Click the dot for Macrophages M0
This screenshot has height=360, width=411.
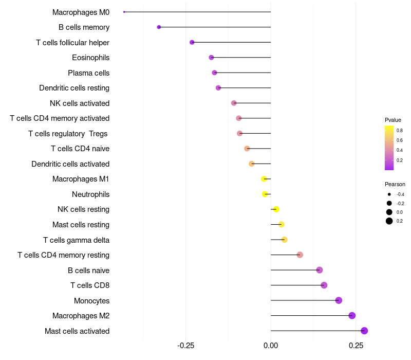click(124, 12)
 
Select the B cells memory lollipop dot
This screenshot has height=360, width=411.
click(159, 27)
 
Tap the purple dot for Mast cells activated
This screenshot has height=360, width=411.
click(364, 331)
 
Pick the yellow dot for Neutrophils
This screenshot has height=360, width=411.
click(265, 194)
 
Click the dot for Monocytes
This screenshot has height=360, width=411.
click(339, 300)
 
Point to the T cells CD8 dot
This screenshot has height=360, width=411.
click(324, 285)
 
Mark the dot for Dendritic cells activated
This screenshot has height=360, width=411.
click(252, 164)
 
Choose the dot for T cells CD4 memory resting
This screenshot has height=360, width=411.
click(300, 255)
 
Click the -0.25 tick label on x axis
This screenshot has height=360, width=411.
click(185, 346)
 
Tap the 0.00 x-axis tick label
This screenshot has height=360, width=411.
click(271, 346)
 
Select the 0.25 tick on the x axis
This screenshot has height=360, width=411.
click(356, 346)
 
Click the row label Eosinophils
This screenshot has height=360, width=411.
click(91, 58)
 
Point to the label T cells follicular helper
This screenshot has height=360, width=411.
click(72, 43)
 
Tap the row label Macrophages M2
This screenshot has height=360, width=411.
click(81, 316)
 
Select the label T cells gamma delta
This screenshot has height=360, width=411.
click(76, 240)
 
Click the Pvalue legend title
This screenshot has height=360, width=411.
click(393, 120)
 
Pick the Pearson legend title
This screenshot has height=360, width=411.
click(395, 184)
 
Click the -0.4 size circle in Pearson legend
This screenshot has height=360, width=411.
click(389, 194)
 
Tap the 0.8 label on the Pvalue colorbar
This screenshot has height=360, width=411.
click(400, 131)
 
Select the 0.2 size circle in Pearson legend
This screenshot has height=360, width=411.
click(389, 221)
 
